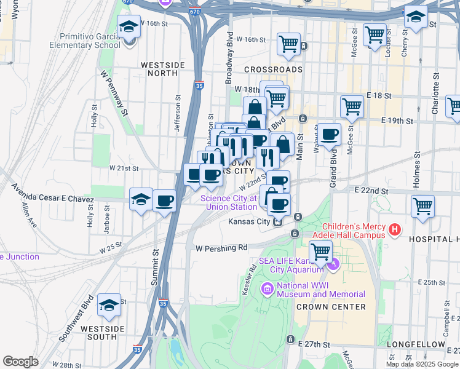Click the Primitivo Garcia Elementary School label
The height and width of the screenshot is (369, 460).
point(90,41)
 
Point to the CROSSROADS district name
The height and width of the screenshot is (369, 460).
point(272,69)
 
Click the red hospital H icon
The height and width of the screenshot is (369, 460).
point(395,230)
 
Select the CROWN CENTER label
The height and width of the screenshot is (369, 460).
point(331,306)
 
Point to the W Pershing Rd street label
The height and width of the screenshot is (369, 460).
point(221,248)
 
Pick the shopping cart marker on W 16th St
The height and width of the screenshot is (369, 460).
point(288,44)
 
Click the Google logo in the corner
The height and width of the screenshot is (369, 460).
point(20,361)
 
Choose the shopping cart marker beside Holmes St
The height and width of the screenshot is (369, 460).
point(422,207)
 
